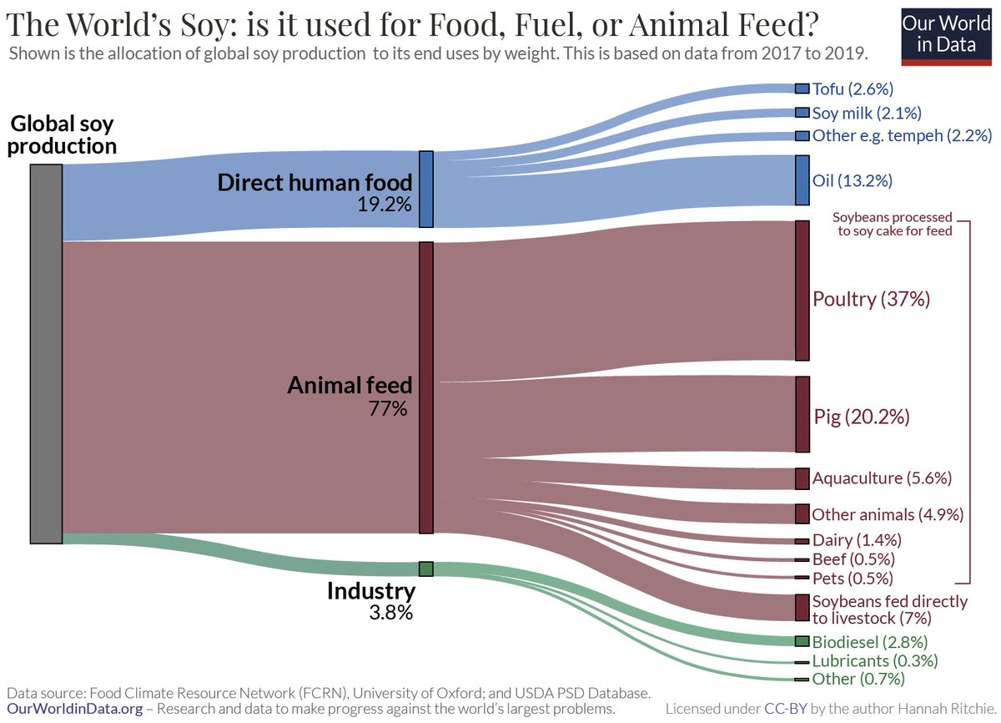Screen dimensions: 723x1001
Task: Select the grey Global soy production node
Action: [x=46, y=353]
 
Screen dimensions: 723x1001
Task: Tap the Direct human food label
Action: [x=314, y=182]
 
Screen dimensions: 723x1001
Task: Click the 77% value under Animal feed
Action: [x=388, y=409]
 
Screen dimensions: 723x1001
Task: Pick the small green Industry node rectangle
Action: [x=425, y=569]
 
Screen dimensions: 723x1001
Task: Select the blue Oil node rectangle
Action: [x=802, y=179]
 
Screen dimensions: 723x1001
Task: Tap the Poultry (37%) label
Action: [x=871, y=299]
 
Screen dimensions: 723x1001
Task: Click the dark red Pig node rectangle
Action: [x=802, y=414]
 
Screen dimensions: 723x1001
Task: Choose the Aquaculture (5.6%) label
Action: [x=882, y=478]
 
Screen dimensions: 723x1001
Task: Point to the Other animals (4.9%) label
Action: [x=888, y=514]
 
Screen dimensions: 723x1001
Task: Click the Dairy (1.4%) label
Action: [x=855, y=540]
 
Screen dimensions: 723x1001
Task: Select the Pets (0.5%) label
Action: [x=853, y=578]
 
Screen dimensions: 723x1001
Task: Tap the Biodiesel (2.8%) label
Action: [x=870, y=642]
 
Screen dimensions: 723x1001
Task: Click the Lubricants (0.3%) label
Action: [x=875, y=660]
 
